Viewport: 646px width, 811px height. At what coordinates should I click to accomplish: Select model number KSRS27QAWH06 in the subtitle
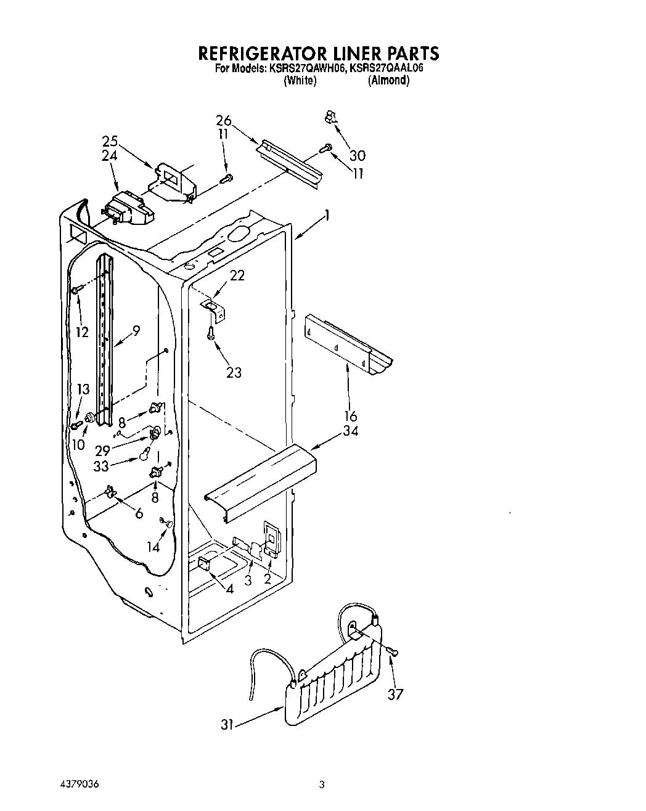tap(306, 68)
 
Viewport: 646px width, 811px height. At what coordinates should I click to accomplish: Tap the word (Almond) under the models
tap(388, 81)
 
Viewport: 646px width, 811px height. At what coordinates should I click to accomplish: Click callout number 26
tap(223, 121)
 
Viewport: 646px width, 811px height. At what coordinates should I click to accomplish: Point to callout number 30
tap(358, 155)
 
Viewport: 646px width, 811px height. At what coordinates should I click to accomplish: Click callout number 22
tap(237, 276)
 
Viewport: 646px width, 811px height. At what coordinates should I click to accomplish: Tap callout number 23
tap(234, 372)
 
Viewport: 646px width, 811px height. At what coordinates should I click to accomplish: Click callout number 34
tap(350, 431)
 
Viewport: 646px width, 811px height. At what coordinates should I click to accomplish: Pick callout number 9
tap(136, 330)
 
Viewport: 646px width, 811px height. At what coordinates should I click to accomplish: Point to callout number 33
tap(101, 467)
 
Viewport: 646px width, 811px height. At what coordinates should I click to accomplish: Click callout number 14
tap(153, 547)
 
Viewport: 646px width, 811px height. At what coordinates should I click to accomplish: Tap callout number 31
tap(227, 725)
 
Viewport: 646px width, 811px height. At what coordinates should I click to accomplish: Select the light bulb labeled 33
tap(145, 455)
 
